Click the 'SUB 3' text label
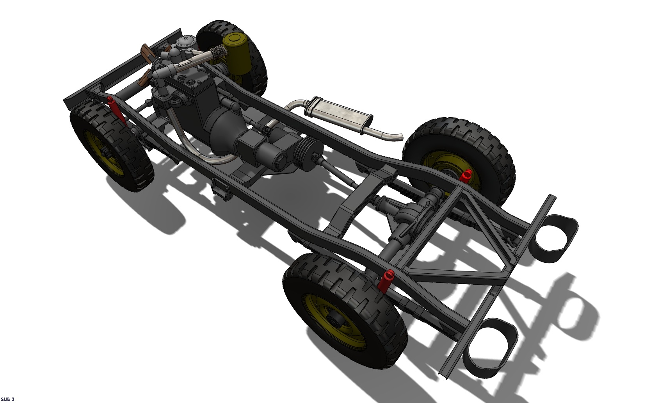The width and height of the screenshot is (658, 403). click(x=7, y=399)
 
